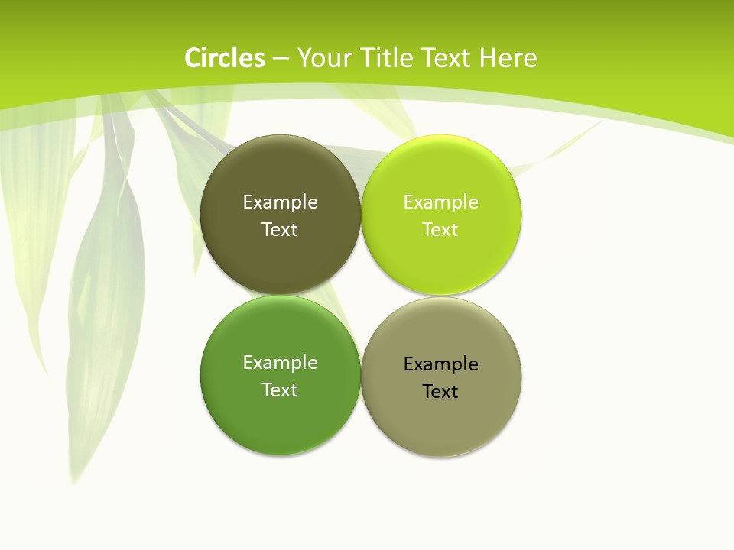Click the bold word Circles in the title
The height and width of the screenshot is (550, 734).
tap(225, 58)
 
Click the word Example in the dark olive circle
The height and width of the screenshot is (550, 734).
tap(280, 202)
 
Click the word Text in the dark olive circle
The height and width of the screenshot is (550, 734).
tap(280, 230)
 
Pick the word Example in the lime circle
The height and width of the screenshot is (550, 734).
tap(440, 202)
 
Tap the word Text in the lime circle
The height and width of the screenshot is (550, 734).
tap(440, 230)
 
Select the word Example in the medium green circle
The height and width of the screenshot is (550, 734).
tap(280, 363)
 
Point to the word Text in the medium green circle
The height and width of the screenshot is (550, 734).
tap(280, 390)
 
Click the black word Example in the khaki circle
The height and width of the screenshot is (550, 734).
tap(440, 364)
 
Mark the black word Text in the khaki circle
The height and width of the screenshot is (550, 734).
tap(440, 392)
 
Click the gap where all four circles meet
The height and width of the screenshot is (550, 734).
tap(361, 295)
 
